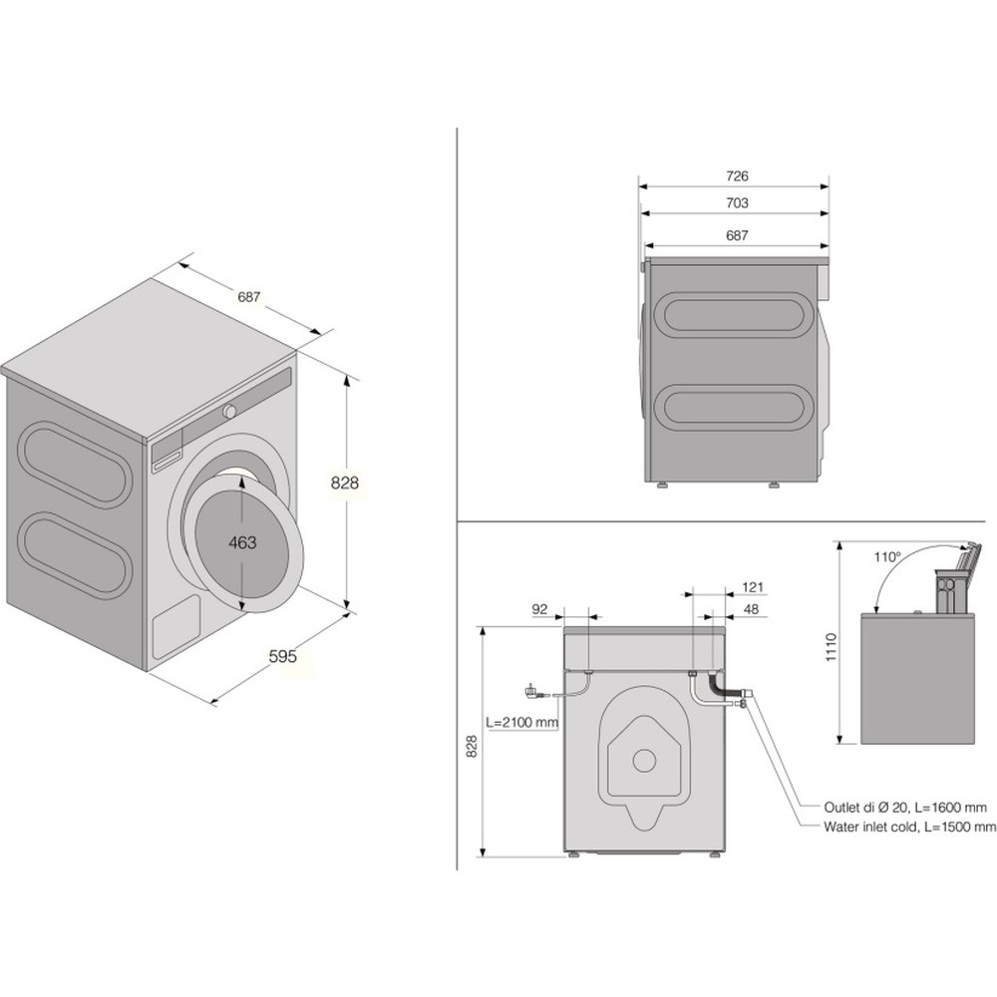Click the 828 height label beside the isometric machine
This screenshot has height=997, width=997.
[x=344, y=483]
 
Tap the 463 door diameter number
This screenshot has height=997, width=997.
[x=242, y=542]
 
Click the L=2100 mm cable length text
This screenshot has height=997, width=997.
[x=521, y=722]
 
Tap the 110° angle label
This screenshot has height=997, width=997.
[x=887, y=557]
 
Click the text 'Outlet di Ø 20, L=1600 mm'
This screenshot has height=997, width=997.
[x=905, y=807]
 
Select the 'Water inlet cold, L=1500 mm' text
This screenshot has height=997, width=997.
[x=909, y=827]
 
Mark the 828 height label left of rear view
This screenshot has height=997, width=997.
[x=473, y=746]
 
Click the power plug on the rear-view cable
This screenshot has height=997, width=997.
[x=530, y=688]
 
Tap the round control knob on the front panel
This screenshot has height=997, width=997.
[x=230, y=411]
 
